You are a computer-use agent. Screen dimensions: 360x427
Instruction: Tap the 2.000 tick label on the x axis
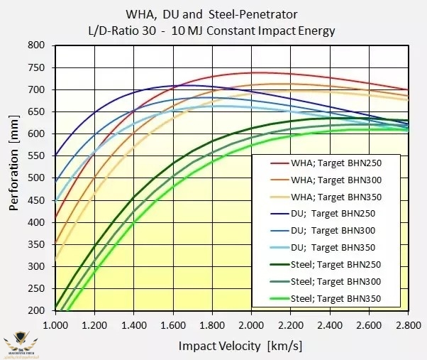pyautogui.click(x=252, y=323)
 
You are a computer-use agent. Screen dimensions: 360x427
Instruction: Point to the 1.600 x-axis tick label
pyautogui.click(x=173, y=323)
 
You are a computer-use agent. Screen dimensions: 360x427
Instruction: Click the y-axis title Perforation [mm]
pyautogui.click(x=13, y=178)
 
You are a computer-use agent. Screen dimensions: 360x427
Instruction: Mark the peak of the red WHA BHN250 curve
pyautogui.click(x=259, y=72)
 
